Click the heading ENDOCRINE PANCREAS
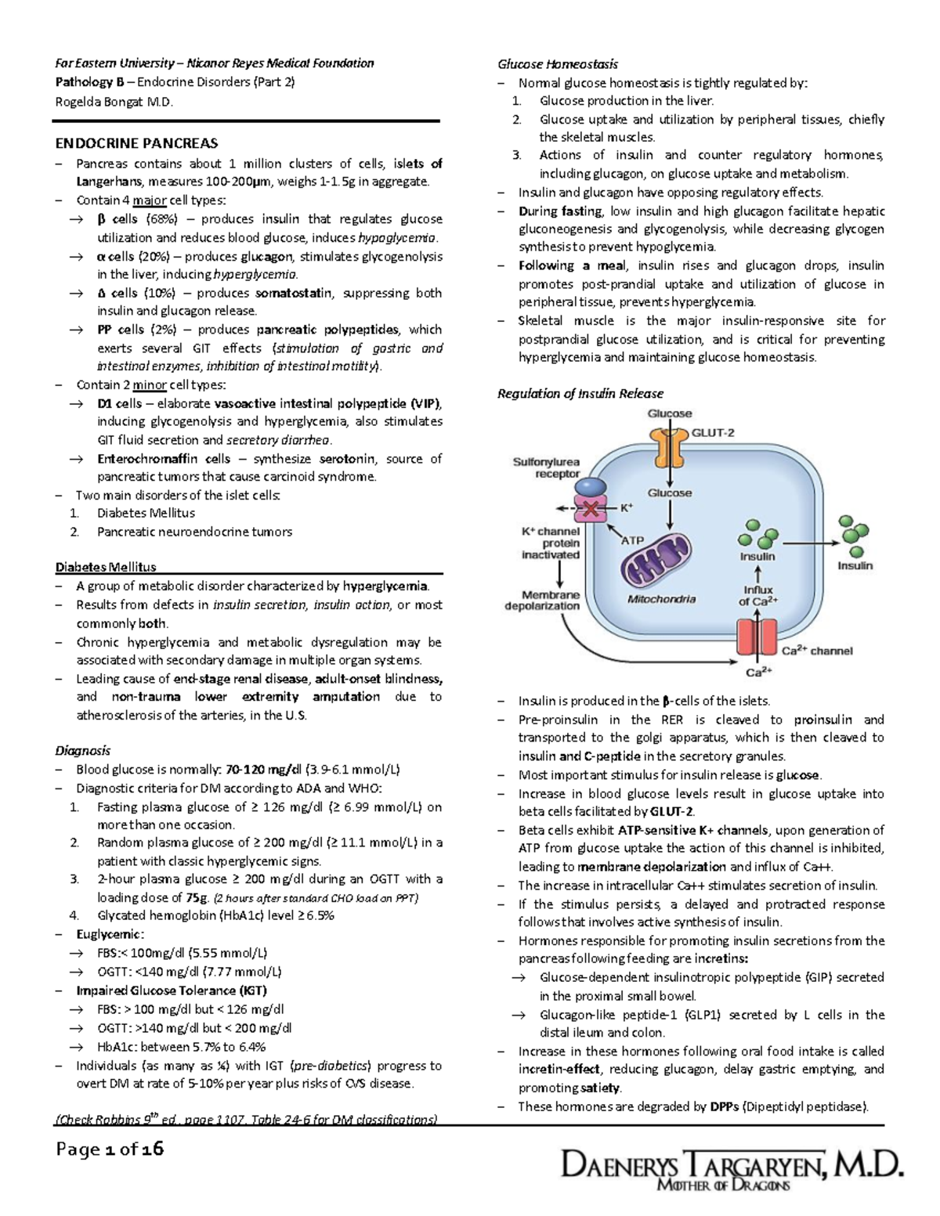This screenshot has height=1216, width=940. [136, 143]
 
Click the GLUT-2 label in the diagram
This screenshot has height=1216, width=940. [712, 432]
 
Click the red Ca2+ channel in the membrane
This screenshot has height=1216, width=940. [757, 637]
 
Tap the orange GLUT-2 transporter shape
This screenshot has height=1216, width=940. [669, 446]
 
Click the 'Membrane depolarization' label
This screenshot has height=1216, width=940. [542, 600]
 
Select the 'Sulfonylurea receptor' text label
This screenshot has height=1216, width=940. [546, 467]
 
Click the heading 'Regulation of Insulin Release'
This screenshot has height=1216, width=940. [580, 394]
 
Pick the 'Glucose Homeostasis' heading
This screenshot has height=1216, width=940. [558, 64]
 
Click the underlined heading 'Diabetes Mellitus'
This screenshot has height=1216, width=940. [106, 567]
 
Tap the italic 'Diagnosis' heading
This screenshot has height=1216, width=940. [82, 750]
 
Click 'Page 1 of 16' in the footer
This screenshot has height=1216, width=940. [110, 1149]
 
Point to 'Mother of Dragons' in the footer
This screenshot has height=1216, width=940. [722, 1186]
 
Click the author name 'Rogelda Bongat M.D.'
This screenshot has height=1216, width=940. [114, 102]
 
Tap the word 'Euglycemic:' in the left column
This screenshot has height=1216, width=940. [110, 934]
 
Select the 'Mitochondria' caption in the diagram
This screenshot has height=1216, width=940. [661, 599]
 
